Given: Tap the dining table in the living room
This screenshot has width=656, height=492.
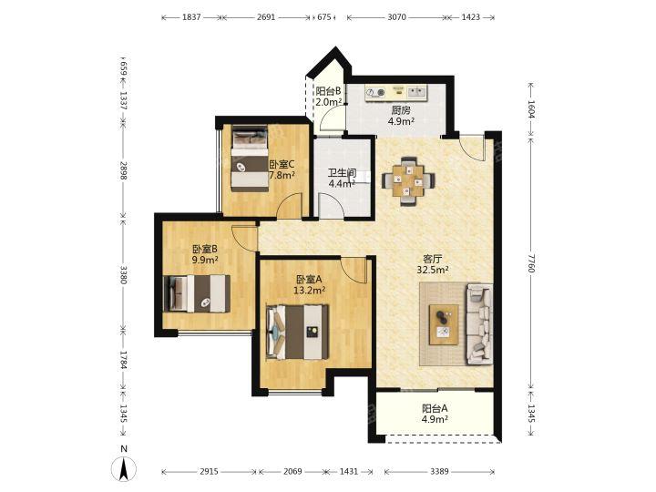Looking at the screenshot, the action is tap(408, 180).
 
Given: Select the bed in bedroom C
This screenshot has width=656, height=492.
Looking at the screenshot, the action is tap(250, 159).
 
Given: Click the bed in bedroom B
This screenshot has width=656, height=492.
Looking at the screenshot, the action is tap(196, 293).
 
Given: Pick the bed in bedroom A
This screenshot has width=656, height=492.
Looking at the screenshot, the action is tap(297, 333).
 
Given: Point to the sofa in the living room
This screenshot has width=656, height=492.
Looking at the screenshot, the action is tap(479, 323).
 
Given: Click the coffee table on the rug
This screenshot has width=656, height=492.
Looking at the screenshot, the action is tap(444, 324).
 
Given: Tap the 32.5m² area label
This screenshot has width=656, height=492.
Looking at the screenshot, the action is tap(433, 270).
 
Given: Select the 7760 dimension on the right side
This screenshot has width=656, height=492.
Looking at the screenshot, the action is tap(531, 262).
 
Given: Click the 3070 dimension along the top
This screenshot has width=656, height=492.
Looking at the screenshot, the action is tap(396, 17).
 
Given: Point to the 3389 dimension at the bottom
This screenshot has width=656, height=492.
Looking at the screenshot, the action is tap(439, 472).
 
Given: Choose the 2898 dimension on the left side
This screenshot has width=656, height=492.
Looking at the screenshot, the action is tap(123, 170).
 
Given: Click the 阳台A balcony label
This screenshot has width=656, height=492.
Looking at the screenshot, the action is tap(435, 408).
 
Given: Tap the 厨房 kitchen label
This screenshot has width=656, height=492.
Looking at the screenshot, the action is tap(401, 110).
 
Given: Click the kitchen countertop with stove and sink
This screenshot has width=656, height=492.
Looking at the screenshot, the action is tap(396, 93).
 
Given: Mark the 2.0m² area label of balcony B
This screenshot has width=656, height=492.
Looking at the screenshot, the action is tap(329, 102).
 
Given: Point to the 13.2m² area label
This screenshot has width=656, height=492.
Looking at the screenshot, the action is tap(310, 290).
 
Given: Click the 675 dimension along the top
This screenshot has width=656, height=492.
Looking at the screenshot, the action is tap(324, 17).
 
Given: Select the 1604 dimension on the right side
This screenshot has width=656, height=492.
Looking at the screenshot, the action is tap(531, 108).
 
